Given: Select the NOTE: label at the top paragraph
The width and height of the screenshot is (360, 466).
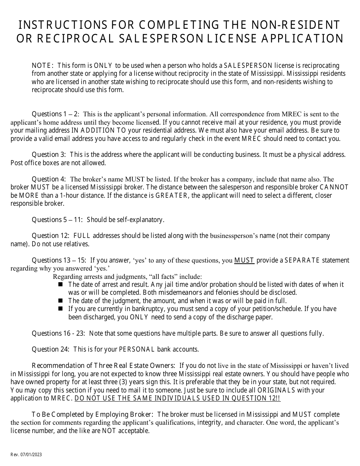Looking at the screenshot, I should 42,66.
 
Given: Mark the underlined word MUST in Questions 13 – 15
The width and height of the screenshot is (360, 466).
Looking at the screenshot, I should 244,260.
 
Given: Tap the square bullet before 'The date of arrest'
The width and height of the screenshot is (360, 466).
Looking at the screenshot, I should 61,285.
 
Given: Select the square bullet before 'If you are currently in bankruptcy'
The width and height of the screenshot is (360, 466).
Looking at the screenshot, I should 61,309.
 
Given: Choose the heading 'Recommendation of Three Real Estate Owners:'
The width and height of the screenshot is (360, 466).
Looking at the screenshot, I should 103,366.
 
